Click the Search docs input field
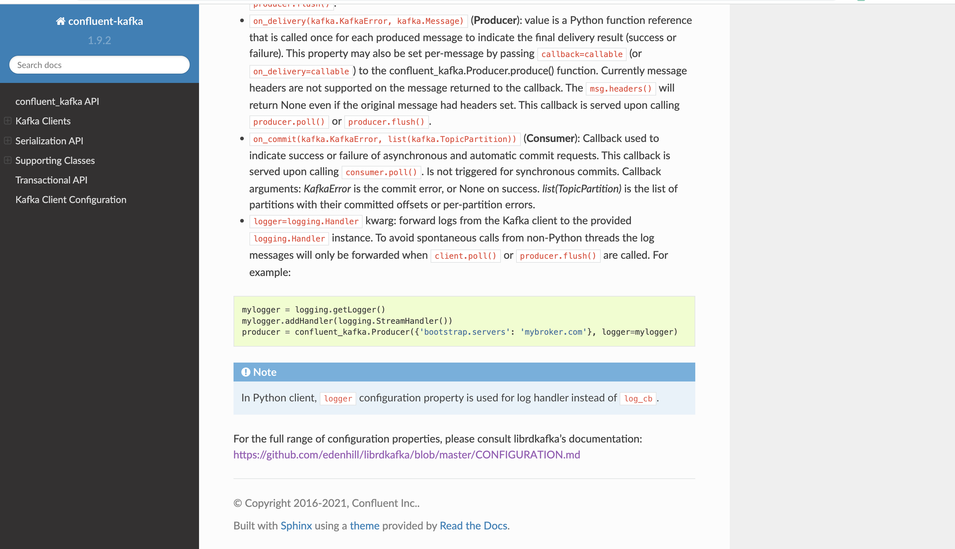tap(99, 65)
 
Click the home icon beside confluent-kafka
tap(60, 21)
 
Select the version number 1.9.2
tap(99, 40)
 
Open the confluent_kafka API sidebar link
tap(57, 102)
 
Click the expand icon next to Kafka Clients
tap(8, 121)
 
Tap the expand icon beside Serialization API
tap(8, 141)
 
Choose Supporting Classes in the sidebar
tap(55, 160)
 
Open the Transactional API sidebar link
tap(51, 180)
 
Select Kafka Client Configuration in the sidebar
tap(71, 199)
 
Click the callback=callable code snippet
tap(582, 54)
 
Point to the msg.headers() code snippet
tap(621, 89)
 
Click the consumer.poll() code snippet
tap(381, 172)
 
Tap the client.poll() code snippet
tap(465, 256)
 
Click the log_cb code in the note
tap(638, 398)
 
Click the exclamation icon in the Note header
tap(246, 372)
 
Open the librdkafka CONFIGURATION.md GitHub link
tap(406, 455)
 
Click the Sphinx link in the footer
tap(296, 526)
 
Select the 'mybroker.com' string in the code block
tap(553, 332)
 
